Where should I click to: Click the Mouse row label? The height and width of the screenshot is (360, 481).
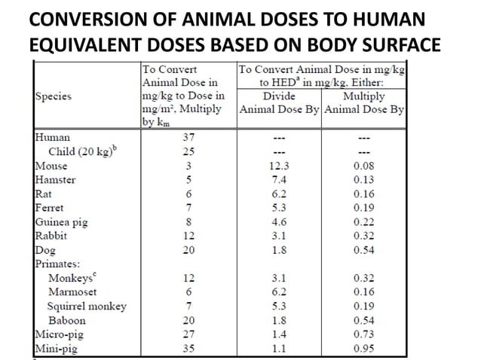(51, 166)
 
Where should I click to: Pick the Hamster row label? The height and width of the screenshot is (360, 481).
(55, 180)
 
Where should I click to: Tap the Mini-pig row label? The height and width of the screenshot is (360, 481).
(56, 349)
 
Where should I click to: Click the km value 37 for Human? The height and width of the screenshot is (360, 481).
(188, 138)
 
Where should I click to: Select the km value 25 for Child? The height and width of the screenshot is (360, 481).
(188, 152)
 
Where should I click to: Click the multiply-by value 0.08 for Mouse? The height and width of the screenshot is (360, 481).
(364, 166)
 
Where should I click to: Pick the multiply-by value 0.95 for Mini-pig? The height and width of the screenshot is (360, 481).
(364, 349)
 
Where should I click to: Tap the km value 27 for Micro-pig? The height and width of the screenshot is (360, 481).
(188, 334)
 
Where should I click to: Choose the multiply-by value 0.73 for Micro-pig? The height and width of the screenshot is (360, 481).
(364, 334)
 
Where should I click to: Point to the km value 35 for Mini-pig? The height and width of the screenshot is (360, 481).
(188, 349)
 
